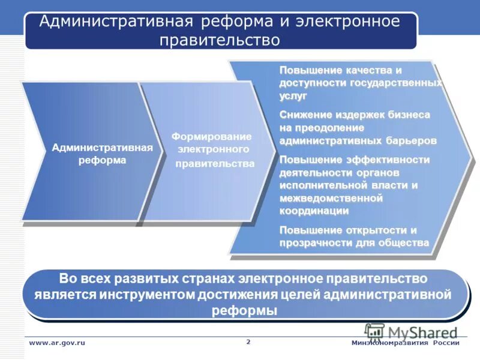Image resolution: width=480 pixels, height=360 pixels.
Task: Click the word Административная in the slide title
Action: click(115, 22)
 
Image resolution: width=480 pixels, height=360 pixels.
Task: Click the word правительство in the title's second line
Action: click(220, 40)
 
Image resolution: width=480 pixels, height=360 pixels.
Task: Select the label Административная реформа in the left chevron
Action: click(102, 154)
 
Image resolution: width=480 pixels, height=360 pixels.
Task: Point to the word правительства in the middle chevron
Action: click(215, 163)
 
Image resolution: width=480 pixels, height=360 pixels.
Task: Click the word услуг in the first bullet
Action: click(293, 95)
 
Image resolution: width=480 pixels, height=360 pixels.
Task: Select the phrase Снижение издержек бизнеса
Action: click(355, 114)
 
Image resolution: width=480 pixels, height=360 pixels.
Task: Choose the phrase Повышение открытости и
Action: click(348, 230)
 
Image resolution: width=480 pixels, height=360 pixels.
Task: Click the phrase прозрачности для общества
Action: click(354, 242)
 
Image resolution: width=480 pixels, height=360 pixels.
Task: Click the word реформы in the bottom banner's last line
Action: click(244, 311)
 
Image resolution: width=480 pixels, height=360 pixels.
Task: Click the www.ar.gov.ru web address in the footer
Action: click(58, 343)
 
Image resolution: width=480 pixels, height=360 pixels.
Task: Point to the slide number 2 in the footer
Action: click(248, 341)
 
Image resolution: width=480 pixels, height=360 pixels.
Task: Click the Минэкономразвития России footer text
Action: click(405, 343)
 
